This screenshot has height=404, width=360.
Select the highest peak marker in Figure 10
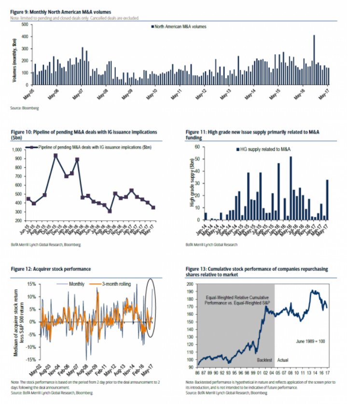(x=56, y=156)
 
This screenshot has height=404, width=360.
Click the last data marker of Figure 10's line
(x=167, y=208)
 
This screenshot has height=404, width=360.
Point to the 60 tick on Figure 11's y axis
(x=197, y=147)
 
